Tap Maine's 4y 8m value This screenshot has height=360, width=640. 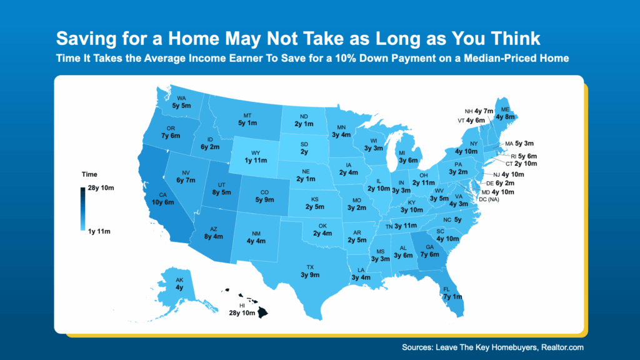(x=505, y=116)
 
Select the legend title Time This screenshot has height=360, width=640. (x=89, y=174)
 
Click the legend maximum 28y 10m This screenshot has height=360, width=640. (x=101, y=188)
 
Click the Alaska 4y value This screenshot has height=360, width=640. (x=179, y=287)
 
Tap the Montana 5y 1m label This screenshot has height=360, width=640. (x=247, y=123)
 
